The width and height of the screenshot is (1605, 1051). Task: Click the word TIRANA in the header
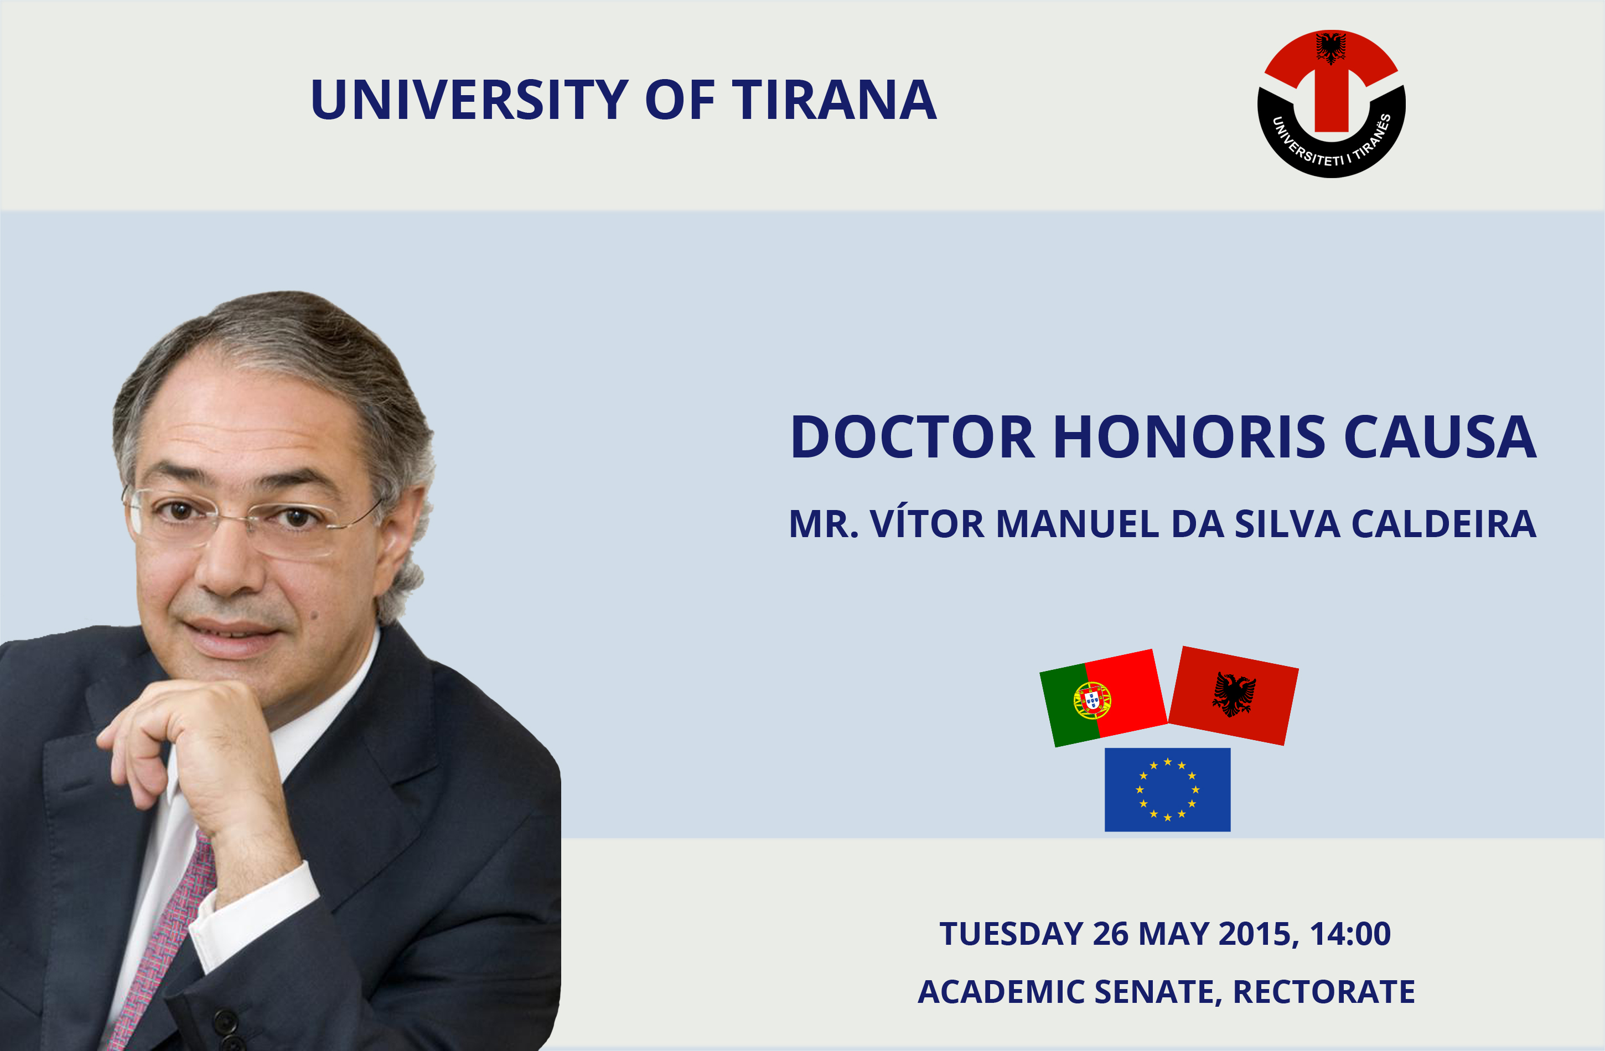tap(834, 100)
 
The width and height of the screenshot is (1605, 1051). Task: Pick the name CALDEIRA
tap(1444, 524)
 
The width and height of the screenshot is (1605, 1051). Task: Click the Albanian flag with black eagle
tap(1234, 696)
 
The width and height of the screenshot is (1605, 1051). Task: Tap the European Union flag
tap(1167, 789)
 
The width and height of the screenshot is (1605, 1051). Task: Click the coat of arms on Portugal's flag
tap(1093, 700)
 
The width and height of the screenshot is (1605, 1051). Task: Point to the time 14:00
tap(1350, 934)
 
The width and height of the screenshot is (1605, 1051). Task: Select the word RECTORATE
tap(1324, 992)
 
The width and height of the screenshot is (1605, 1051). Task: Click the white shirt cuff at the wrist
tap(253, 917)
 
